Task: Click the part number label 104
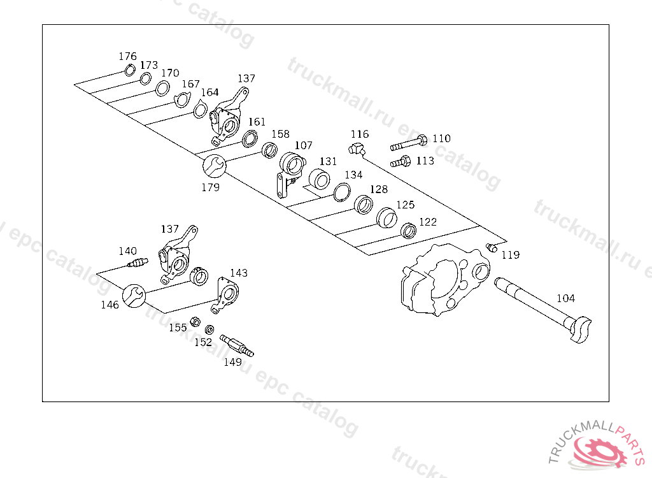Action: click(565, 298)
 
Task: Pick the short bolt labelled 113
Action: click(399, 162)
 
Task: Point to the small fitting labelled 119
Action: click(490, 247)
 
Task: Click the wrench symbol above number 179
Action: click(213, 166)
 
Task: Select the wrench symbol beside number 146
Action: click(133, 295)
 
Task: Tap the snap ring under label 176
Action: click(130, 70)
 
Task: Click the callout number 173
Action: click(148, 65)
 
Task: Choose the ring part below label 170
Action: click(162, 88)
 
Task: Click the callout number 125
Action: click(406, 205)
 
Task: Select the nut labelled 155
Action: click(196, 321)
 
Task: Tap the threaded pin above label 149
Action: click(236, 345)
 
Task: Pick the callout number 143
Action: click(239, 273)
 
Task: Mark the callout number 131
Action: click(328, 162)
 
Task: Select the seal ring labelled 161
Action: click(250, 138)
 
